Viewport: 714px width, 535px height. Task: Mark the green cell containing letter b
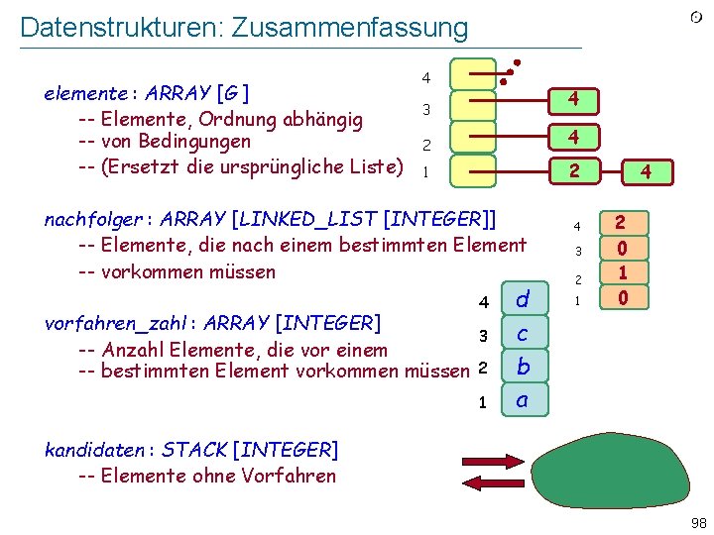click(x=522, y=368)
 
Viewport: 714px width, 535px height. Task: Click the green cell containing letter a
click(x=522, y=401)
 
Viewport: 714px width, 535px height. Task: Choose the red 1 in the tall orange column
click(x=621, y=271)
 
